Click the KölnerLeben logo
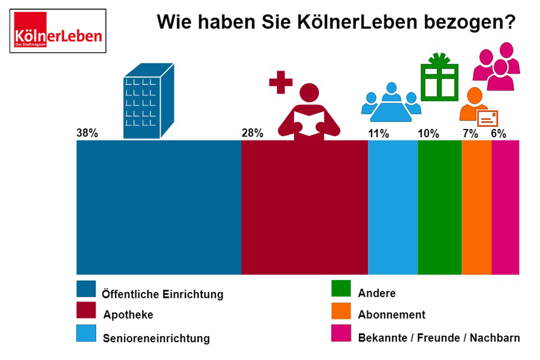[58, 30]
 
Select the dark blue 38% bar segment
[158, 207]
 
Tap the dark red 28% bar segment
[304, 207]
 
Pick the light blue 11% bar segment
[393, 207]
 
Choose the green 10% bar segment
[440, 207]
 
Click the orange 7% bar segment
[476, 207]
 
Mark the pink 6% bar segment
[506, 207]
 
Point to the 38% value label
[86, 133]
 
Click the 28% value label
[252, 133]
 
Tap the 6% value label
[499, 133]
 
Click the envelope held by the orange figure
[487, 118]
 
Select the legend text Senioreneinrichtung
[156, 338]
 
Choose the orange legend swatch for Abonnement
[341, 311]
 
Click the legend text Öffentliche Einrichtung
[163, 295]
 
